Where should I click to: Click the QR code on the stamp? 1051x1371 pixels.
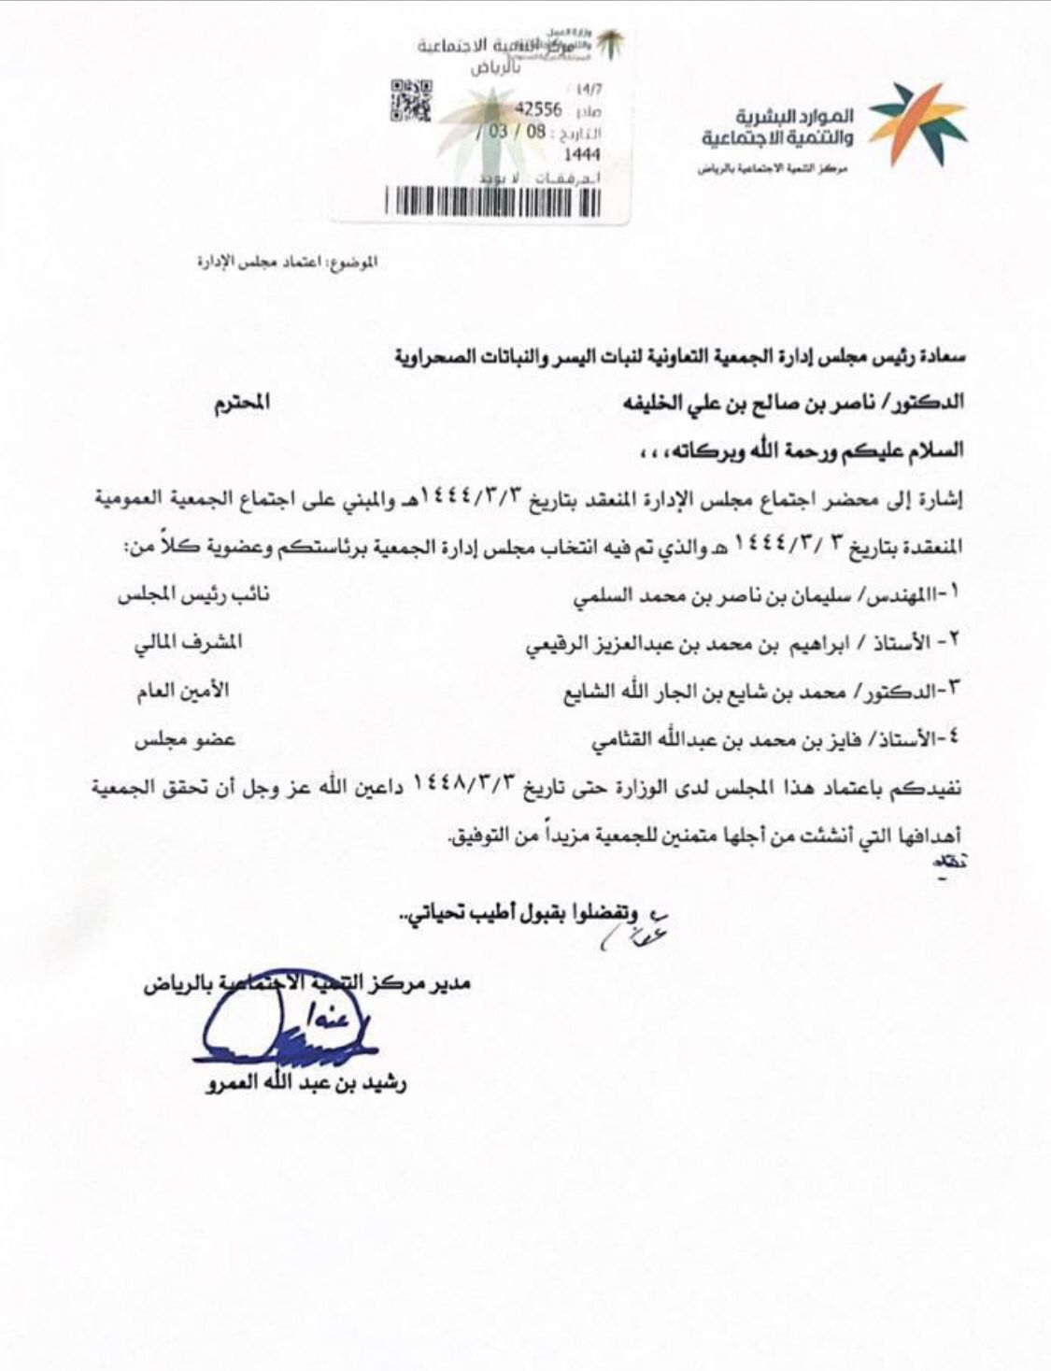410,101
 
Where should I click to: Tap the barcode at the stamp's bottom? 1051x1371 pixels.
492,202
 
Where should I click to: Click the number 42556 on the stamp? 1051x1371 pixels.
539,109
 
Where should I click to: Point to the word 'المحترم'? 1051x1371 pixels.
242,403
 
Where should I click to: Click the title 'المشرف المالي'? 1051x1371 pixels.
188,643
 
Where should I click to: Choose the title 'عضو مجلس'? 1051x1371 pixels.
184,739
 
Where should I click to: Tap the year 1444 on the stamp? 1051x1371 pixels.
582,154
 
